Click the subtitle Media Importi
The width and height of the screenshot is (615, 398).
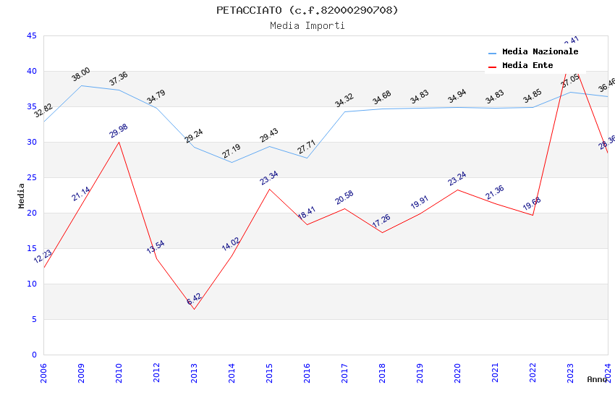[307, 25]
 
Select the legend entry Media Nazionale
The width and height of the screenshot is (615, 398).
[540, 51]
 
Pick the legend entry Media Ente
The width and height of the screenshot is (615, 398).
[527, 65]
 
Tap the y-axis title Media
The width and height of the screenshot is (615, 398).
[22, 195]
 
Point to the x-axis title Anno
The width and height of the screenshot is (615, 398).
[597, 378]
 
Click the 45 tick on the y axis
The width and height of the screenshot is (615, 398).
[31, 35]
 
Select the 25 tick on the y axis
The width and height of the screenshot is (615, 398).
[31, 177]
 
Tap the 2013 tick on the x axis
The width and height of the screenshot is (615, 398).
[194, 372]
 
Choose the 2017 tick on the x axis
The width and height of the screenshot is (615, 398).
[344, 372]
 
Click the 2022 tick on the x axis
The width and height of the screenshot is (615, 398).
[533, 372]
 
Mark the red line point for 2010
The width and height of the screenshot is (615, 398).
[119, 142]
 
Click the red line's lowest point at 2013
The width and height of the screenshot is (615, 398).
[194, 309]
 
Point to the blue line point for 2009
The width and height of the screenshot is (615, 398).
[81, 85]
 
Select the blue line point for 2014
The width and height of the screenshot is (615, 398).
[232, 162]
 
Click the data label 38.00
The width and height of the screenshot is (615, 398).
[80, 74]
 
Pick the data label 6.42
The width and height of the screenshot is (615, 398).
[194, 298]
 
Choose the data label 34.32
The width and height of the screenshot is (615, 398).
[344, 100]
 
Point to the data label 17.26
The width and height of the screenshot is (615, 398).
[381, 221]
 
